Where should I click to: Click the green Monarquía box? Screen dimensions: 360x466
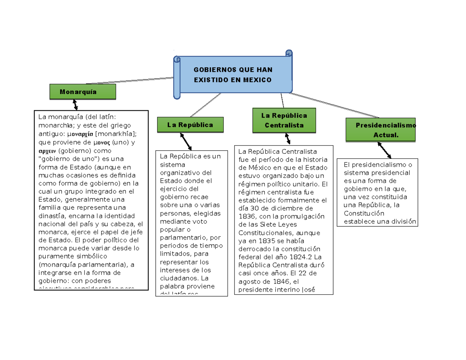click(x=82, y=92)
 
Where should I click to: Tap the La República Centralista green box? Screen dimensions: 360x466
click(x=284, y=120)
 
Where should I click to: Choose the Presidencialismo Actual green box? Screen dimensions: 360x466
click(x=381, y=130)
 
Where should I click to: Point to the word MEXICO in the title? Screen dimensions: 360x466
click(x=257, y=80)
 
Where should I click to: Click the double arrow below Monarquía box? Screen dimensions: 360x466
click(x=75, y=104)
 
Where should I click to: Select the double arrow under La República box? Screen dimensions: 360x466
click(x=186, y=141)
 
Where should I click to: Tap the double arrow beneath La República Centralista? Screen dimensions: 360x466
click(x=287, y=138)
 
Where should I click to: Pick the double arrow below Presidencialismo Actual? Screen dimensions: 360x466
click(x=384, y=150)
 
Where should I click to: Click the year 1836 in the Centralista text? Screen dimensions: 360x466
click(x=247, y=216)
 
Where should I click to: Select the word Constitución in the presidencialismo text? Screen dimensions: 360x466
click(x=363, y=213)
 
